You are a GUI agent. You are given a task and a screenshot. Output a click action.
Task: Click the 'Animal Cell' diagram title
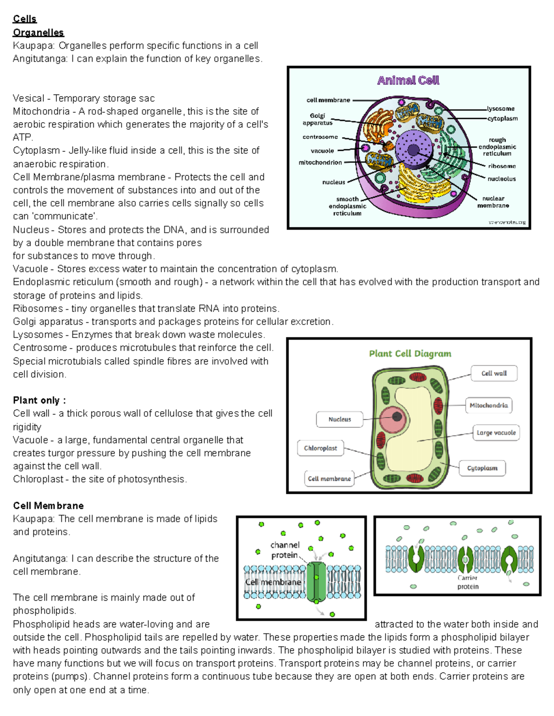(408, 80)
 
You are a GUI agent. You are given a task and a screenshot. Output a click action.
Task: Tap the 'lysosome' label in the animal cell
(500, 109)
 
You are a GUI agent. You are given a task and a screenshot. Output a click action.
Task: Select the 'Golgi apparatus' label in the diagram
(318, 119)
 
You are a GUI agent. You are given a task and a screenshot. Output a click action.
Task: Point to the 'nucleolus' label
(501, 179)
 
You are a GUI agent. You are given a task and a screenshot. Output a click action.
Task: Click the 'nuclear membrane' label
(493, 202)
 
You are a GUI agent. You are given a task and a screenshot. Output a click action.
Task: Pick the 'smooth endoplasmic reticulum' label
(347, 206)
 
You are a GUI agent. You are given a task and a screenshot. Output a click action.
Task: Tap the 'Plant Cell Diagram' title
(410, 354)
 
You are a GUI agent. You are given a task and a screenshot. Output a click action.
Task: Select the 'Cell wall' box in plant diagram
(494, 373)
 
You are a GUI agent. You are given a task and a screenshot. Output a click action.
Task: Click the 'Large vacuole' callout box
(496, 433)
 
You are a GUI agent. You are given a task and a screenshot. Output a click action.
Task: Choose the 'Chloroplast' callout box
(320, 448)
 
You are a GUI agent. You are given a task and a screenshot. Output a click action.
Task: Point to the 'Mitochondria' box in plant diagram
(488, 405)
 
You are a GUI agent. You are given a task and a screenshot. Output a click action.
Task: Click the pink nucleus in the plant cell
(395, 418)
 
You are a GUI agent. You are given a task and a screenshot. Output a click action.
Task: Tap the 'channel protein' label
(285, 550)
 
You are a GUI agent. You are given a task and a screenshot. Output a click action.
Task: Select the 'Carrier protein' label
(468, 582)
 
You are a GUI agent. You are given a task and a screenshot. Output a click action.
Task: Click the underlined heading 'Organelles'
(38, 32)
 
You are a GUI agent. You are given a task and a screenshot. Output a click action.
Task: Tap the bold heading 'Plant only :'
(39, 400)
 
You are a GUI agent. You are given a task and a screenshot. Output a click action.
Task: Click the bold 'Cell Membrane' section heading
(48, 506)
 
